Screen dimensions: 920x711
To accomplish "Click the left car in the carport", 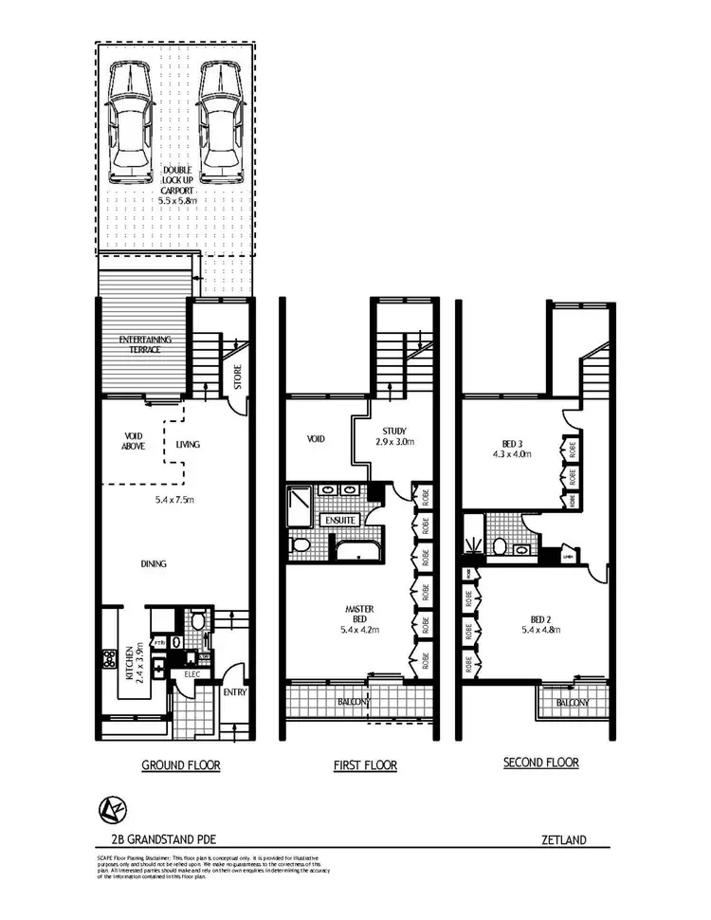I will point(130,122).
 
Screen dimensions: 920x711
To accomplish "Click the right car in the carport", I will point(218,122).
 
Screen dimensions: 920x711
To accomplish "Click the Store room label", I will point(237,377).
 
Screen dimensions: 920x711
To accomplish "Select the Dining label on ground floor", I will point(155,564).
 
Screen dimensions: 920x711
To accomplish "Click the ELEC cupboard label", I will point(192,674).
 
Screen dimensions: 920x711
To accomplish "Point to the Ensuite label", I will point(338,520).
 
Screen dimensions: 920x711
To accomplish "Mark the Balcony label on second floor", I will point(573,703).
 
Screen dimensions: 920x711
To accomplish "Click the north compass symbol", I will point(109,809).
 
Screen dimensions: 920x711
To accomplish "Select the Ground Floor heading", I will point(180,764).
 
